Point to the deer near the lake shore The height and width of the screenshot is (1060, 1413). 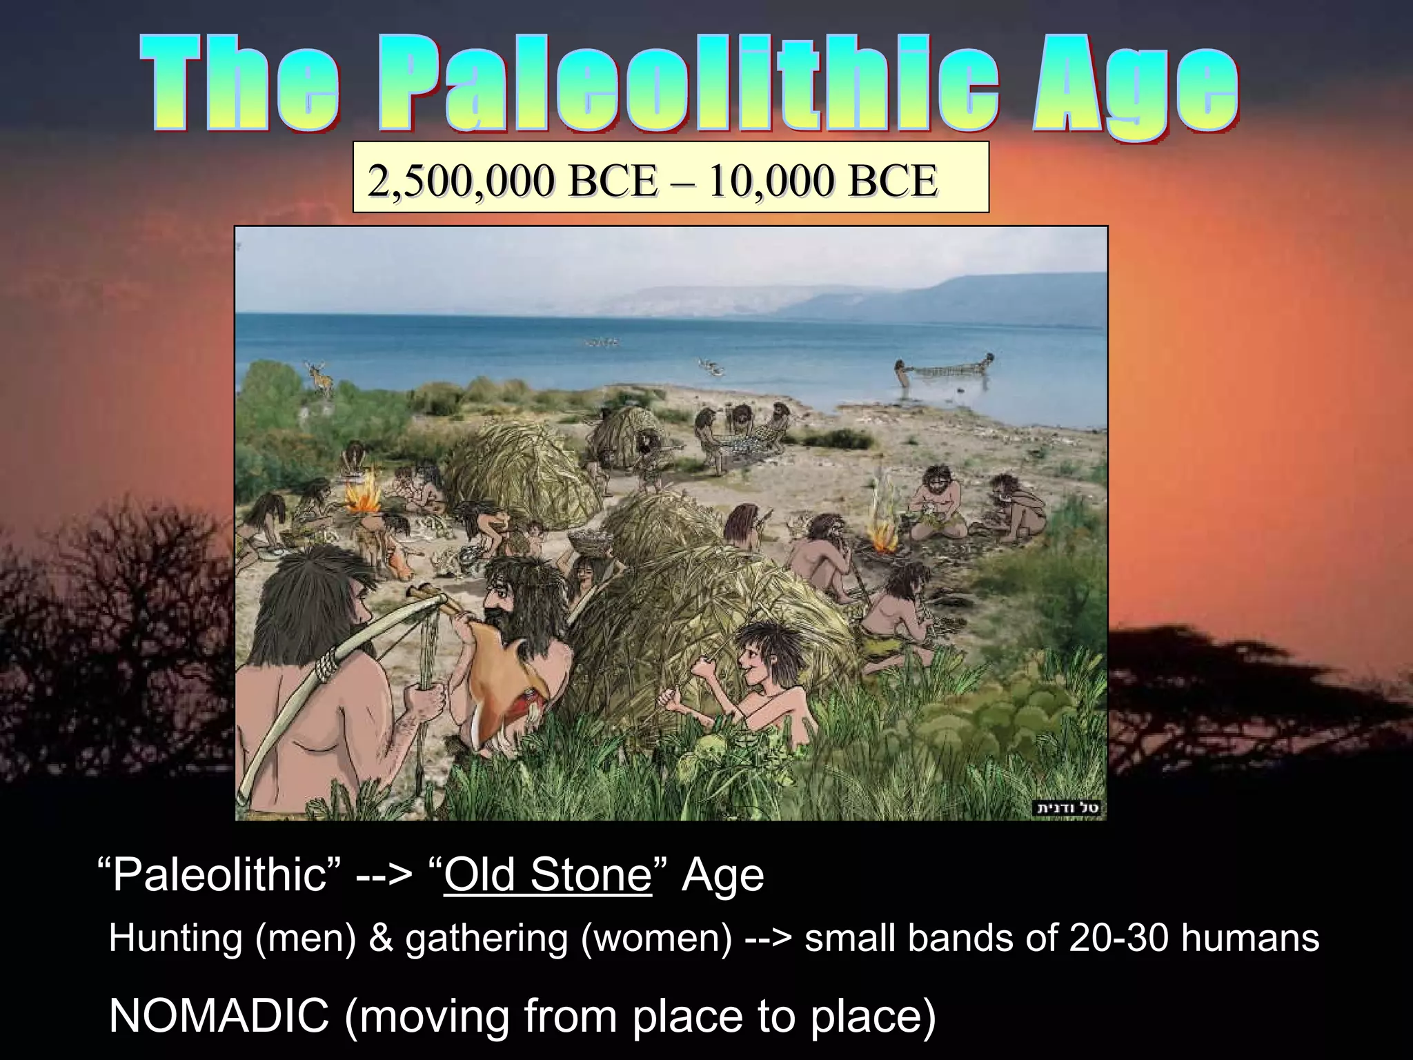click(x=321, y=378)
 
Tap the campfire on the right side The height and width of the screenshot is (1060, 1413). click(x=880, y=535)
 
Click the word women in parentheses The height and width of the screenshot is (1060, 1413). click(x=655, y=939)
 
